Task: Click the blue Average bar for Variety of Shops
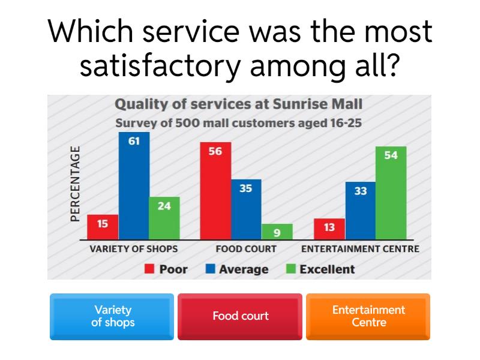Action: click(134, 187)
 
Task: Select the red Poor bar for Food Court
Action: click(215, 192)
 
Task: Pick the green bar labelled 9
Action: click(277, 232)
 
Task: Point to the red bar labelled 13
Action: click(329, 229)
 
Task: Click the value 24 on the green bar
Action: click(164, 206)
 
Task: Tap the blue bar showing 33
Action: click(360, 211)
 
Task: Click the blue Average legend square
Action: click(210, 269)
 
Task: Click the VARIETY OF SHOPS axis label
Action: click(133, 248)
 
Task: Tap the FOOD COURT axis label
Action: click(247, 248)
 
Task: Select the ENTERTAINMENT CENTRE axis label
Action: click(360, 248)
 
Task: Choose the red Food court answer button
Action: click(240, 316)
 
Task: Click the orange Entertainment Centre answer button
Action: click(368, 316)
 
